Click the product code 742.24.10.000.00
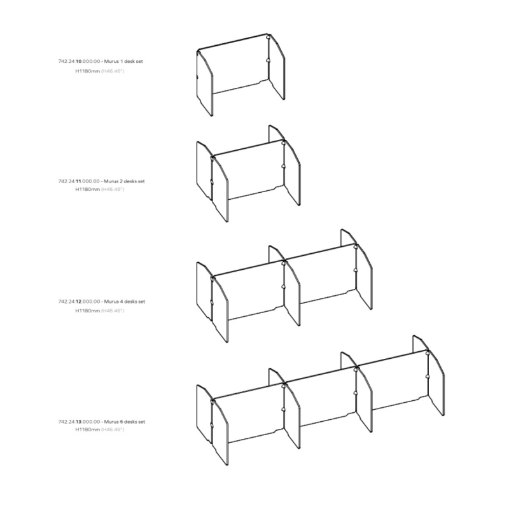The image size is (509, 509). [x=79, y=61]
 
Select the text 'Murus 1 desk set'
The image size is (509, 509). [x=123, y=61]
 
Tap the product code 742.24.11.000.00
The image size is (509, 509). [x=79, y=181]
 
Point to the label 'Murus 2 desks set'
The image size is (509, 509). [x=124, y=181]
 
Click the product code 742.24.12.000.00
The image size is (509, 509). [x=79, y=302]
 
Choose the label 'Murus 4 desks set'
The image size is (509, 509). [x=125, y=302]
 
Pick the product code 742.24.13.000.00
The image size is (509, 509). [x=79, y=422]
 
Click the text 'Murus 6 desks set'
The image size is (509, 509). [x=125, y=422]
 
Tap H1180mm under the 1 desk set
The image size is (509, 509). [x=88, y=71]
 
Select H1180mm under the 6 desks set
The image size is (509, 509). [x=88, y=429]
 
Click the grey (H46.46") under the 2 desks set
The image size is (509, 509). [x=113, y=189]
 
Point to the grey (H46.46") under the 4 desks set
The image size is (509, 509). [x=113, y=310]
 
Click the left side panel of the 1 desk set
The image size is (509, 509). [x=205, y=83]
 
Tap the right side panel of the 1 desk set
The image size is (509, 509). [x=277, y=67]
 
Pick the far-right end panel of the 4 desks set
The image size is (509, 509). [x=364, y=277]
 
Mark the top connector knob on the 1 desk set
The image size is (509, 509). [x=268, y=38]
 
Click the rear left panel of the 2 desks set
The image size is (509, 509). [x=204, y=171]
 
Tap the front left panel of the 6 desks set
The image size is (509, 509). [x=220, y=432]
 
